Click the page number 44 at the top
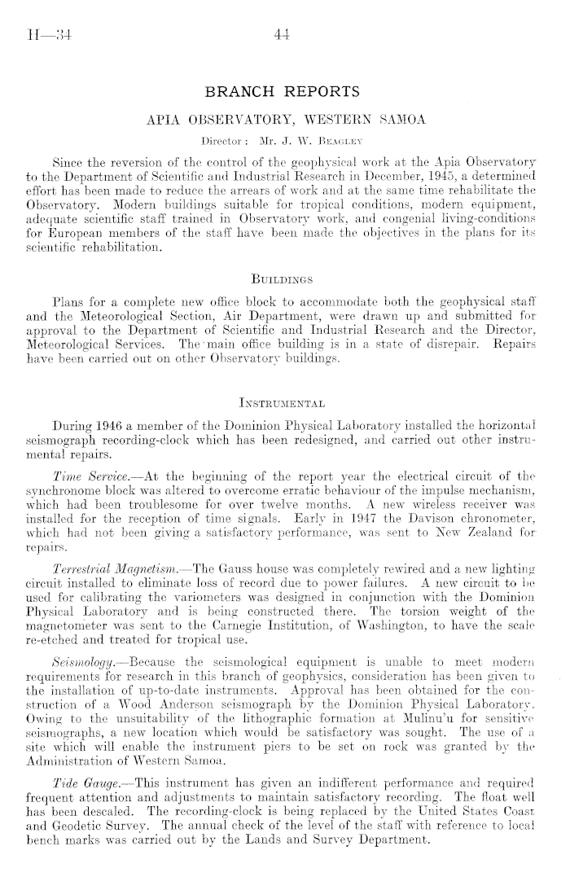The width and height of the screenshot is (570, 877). (283, 33)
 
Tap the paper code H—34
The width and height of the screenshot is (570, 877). (46, 34)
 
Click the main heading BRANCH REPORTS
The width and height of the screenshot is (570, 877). (284, 90)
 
